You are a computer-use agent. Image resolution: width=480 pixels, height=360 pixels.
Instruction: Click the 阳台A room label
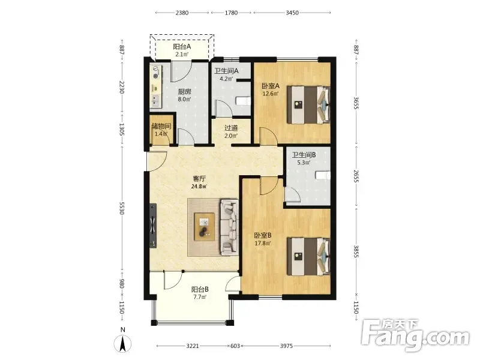pos(182,47)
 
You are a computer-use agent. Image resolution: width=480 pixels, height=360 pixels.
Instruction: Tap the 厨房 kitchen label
pos(185,92)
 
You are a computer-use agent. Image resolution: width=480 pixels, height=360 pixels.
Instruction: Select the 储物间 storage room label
pos(161,126)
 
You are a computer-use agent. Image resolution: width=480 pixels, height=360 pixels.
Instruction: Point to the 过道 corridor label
pos(231,128)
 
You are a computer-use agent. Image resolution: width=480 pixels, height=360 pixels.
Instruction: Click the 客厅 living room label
pos(199,178)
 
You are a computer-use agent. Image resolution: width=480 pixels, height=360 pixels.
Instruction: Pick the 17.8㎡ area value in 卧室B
pos(263,244)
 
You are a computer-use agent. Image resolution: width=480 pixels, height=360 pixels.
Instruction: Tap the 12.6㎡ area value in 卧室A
pos(271,94)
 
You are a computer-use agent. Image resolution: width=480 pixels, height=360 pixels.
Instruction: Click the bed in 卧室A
pos(308,104)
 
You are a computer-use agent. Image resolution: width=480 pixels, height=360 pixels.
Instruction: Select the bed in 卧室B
pos(308,257)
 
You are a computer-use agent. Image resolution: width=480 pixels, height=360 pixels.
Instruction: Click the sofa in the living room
pos(229,227)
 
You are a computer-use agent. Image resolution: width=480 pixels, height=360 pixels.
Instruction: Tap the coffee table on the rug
pos(205,227)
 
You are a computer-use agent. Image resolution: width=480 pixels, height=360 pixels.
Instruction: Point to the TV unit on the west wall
pos(153,226)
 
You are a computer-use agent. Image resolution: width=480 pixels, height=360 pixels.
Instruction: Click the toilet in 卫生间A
pos(244,101)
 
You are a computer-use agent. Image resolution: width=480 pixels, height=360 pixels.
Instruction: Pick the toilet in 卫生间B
pos(323,175)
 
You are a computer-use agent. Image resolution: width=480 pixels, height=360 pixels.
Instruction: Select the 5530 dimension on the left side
pos(122,208)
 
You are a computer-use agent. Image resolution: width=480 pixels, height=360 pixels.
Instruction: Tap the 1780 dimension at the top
pos(231,13)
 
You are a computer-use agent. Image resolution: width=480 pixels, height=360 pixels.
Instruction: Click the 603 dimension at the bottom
pos(235,346)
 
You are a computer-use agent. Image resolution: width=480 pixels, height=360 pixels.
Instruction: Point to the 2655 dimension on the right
pos(356,176)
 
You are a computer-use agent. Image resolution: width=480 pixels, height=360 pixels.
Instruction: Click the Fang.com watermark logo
pos(415,335)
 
